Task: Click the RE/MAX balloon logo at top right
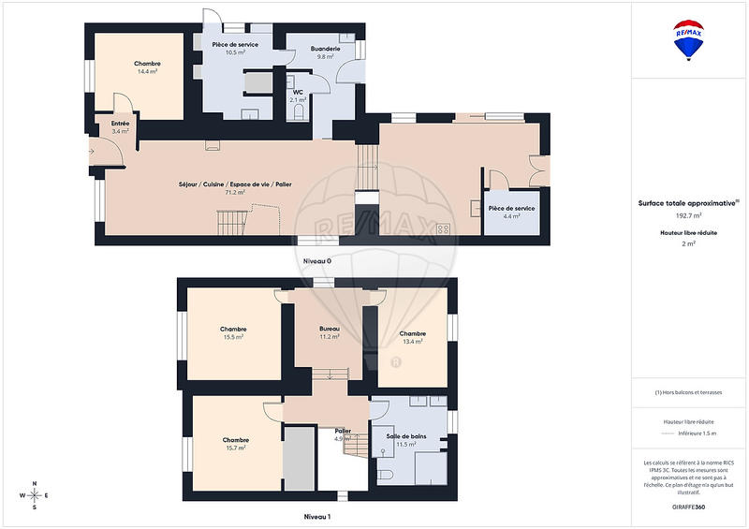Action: pyautogui.click(x=690, y=39)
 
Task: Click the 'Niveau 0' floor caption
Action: pyautogui.click(x=316, y=261)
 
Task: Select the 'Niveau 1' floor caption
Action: pyautogui.click(x=316, y=516)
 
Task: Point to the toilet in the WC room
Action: pyautogui.click(x=299, y=112)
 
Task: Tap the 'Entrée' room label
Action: pyautogui.click(x=120, y=123)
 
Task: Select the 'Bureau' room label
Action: pyautogui.click(x=329, y=330)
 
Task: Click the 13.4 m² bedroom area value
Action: pyautogui.click(x=412, y=342)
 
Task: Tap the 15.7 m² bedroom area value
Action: pyautogui.click(x=235, y=448)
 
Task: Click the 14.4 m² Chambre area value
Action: pyautogui.click(x=147, y=71)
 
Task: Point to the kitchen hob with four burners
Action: pyautogui.click(x=442, y=228)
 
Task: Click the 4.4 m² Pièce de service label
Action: pyautogui.click(x=511, y=216)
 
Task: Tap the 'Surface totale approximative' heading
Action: pyautogui.click(x=687, y=203)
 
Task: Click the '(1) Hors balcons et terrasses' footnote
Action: pyautogui.click(x=689, y=392)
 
